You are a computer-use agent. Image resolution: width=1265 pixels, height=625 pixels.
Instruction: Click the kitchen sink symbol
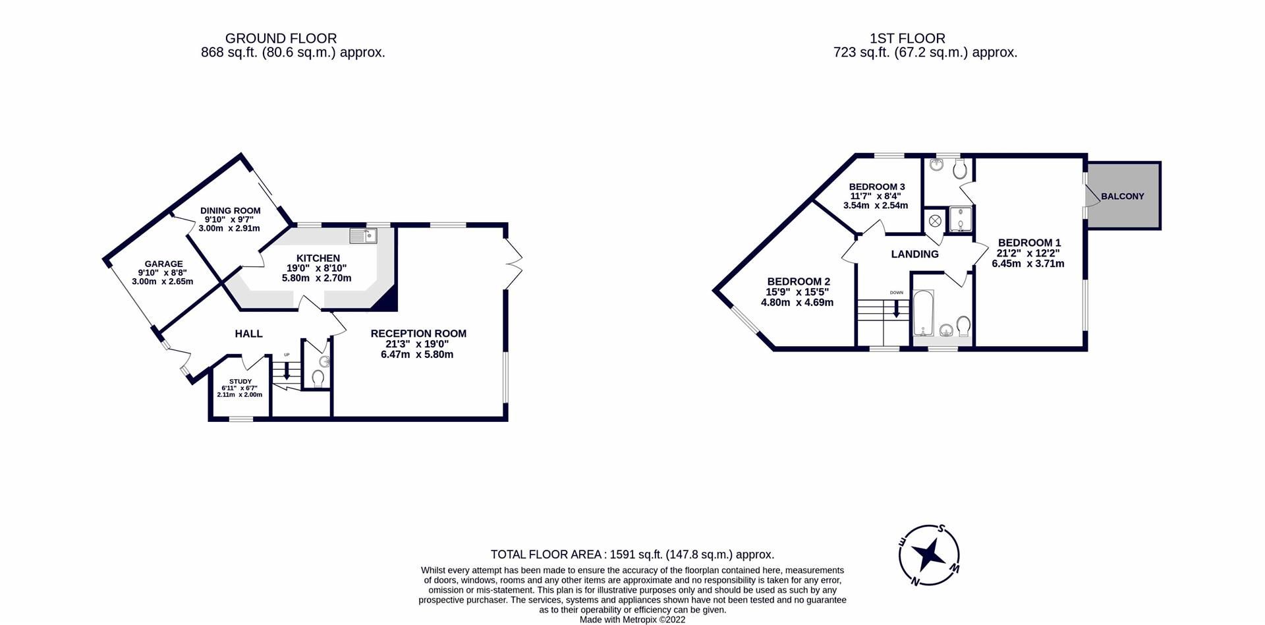[x=363, y=235]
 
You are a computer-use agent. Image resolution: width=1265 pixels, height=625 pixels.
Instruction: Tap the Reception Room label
[x=418, y=334]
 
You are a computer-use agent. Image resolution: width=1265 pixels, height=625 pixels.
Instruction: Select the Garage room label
[x=163, y=264]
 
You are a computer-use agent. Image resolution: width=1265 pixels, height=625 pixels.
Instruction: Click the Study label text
[x=240, y=381]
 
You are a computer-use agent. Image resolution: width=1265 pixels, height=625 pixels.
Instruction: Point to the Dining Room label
[x=230, y=211]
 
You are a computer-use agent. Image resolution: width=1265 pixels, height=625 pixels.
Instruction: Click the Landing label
[x=914, y=254]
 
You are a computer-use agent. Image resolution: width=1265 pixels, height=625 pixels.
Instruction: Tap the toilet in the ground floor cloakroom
[x=318, y=378]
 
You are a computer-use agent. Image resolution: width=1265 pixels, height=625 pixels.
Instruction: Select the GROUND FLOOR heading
[x=281, y=39]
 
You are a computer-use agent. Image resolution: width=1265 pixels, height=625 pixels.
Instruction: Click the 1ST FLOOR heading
[x=907, y=39]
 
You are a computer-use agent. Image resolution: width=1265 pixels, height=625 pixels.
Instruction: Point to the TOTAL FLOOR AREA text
[x=632, y=554]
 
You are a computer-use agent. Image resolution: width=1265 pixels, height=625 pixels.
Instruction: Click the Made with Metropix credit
[x=632, y=620]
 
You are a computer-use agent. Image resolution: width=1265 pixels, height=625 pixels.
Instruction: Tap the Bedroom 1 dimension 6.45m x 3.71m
[x=1028, y=264]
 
